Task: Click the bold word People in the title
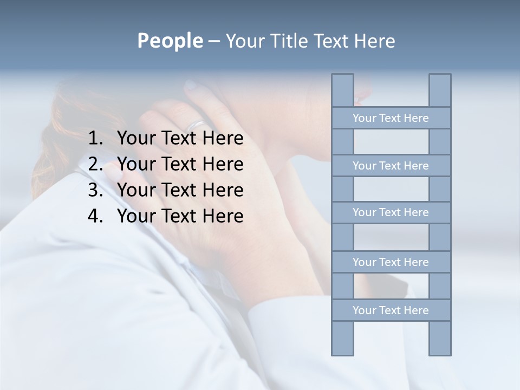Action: tap(170, 41)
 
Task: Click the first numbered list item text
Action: tap(180, 139)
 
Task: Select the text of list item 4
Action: tap(180, 216)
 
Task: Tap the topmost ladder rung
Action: tap(391, 118)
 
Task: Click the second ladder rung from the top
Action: tap(391, 166)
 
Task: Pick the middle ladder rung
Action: tap(391, 212)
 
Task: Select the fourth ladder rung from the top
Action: tap(391, 262)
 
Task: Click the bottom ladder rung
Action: tap(391, 310)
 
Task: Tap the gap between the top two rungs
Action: tap(391, 142)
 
